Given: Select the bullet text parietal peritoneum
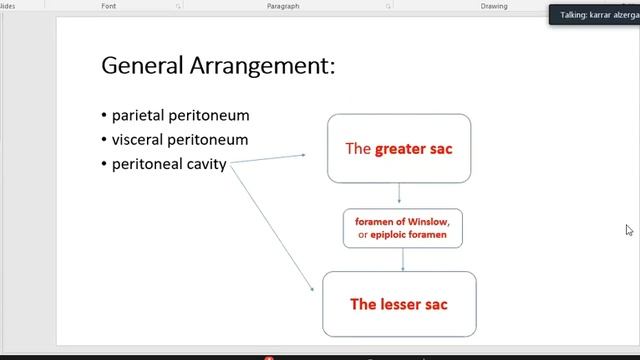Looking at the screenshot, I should (180, 115).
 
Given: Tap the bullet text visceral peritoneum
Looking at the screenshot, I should (180, 139).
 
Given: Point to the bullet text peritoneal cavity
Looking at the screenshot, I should (169, 164).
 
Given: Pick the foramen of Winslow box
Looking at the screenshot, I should (403, 228).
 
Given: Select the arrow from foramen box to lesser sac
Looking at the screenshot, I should (403, 260).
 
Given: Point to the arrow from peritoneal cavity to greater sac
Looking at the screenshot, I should (268, 160).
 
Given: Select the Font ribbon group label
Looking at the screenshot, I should (109, 6).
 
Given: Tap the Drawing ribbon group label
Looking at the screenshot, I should (493, 6).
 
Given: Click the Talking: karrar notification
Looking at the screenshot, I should (597, 14).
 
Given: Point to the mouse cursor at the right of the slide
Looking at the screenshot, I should (629, 230).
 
